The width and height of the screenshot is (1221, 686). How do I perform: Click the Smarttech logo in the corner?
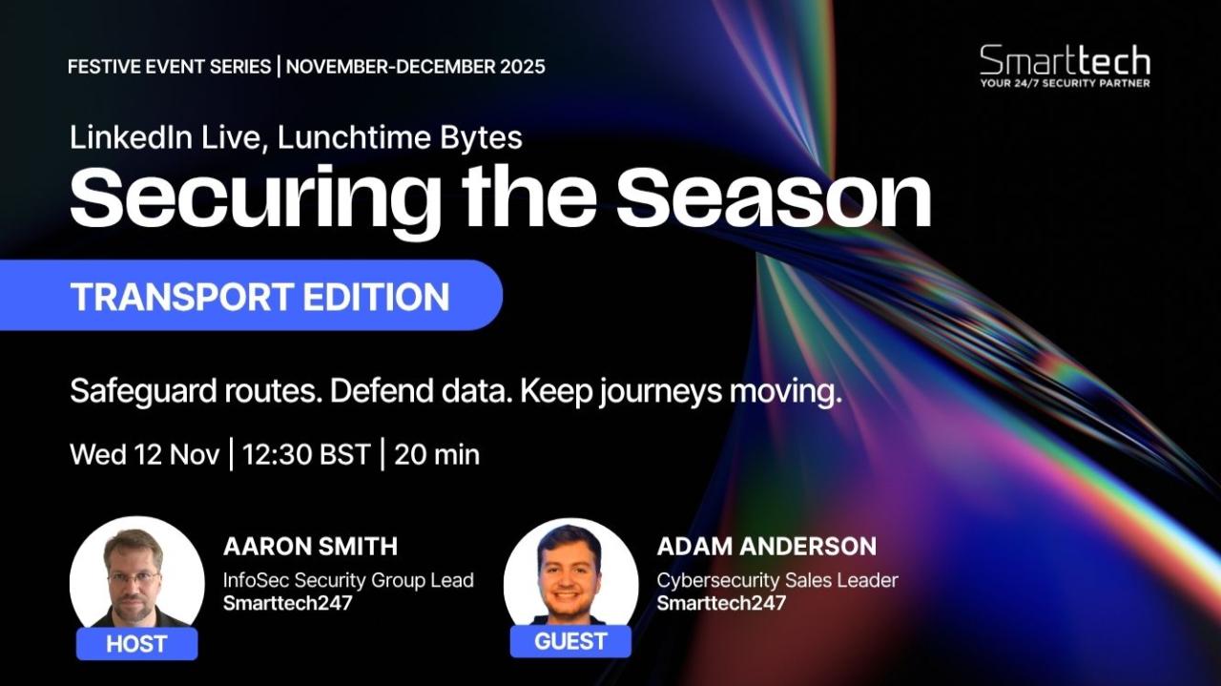point(1066,66)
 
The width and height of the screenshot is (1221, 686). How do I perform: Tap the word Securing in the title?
point(255,199)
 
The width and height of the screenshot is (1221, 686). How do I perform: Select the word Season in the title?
point(774,197)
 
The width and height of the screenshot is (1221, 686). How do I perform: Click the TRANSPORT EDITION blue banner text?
point(260,296)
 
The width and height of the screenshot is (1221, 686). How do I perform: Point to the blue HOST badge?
point(136,643)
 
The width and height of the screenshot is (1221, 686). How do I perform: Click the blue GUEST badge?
point(570,641)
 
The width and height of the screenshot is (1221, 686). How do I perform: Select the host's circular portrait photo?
point(136,578)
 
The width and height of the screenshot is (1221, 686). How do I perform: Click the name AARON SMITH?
point(311,546)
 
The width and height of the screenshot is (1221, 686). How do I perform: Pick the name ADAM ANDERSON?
point(767,546)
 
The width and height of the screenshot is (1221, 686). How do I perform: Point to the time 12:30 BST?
point(306,454)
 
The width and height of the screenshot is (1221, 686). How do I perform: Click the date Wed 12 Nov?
point(145,454)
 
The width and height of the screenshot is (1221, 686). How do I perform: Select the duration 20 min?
point(437,454)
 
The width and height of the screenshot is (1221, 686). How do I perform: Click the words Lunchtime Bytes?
point(400,137)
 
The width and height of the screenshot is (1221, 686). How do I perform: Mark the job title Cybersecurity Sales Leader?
point(777,580)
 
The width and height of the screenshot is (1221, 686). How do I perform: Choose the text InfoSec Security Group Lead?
point(348,580)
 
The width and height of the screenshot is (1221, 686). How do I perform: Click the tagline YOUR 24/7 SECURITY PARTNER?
point(1066,83)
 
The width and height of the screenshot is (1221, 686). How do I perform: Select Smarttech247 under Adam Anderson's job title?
point(721,603)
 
